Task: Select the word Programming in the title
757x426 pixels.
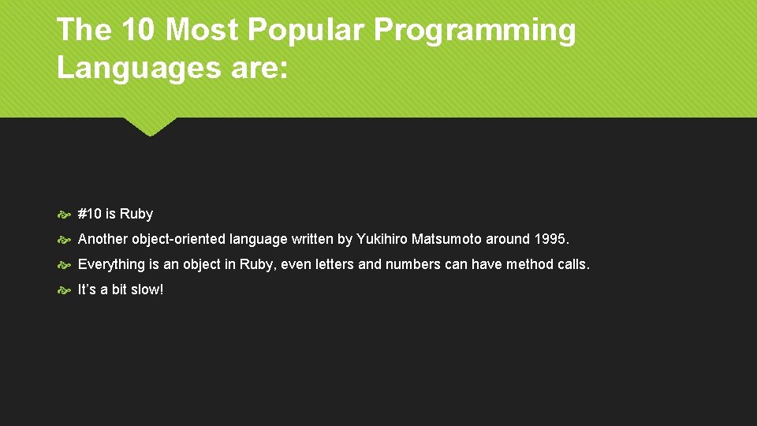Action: coord(475,30)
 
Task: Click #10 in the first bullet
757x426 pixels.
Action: coord(90,214)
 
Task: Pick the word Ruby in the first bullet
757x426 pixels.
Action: coord(136,214)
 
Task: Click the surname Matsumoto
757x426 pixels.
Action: coord(446,239)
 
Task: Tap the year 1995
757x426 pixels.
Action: coord(550,239)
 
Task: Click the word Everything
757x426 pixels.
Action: coord(111,264)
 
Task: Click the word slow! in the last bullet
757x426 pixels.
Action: coord(147,290)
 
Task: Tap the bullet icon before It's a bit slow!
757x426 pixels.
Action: coord(64,290)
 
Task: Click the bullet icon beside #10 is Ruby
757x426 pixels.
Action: coord(64,215)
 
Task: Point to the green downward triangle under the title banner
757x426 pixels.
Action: coord(150,126)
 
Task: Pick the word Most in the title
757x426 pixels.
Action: coord(203,30)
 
